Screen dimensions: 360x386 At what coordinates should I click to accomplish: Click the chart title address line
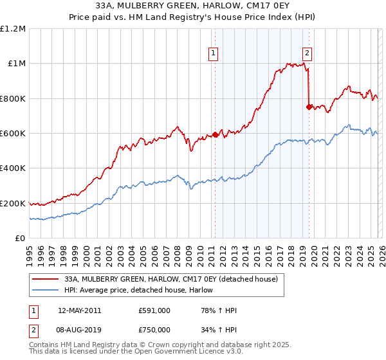coord(192,6)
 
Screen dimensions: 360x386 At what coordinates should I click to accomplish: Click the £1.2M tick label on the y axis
coord(13,29)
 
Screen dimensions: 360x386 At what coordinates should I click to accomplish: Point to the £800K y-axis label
coord(13,99)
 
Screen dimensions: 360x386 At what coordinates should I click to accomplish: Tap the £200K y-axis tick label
coord(13,204)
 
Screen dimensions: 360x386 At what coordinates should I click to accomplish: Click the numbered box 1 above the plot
coord(213,53)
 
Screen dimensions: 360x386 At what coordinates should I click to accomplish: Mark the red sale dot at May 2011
coord(215,135)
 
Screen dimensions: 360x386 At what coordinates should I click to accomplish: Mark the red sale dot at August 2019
coord(309,107)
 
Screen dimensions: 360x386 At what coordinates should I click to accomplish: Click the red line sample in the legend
coord(47,280)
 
